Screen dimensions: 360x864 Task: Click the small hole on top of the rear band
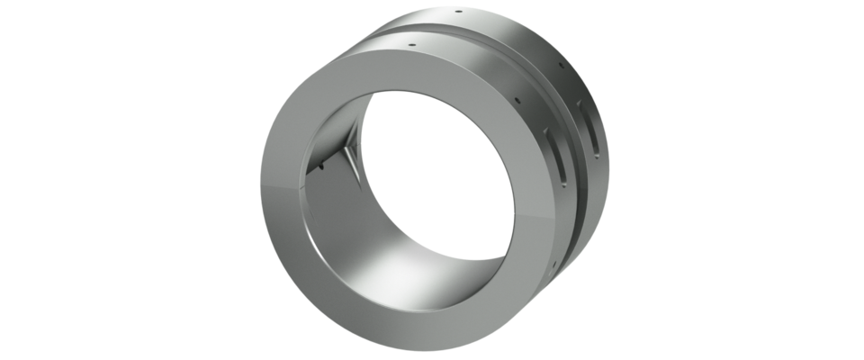459,13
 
